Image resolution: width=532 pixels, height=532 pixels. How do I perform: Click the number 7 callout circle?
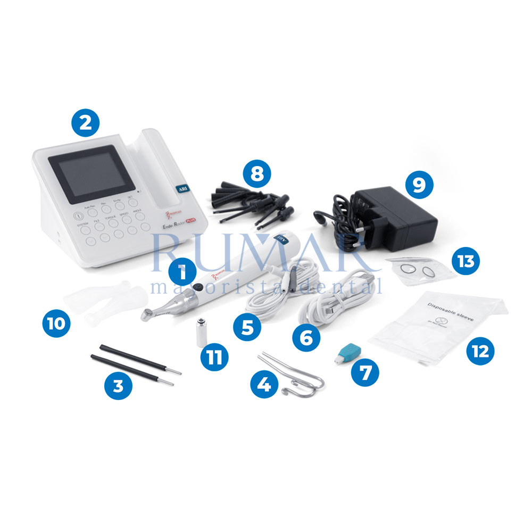(365, 371)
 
